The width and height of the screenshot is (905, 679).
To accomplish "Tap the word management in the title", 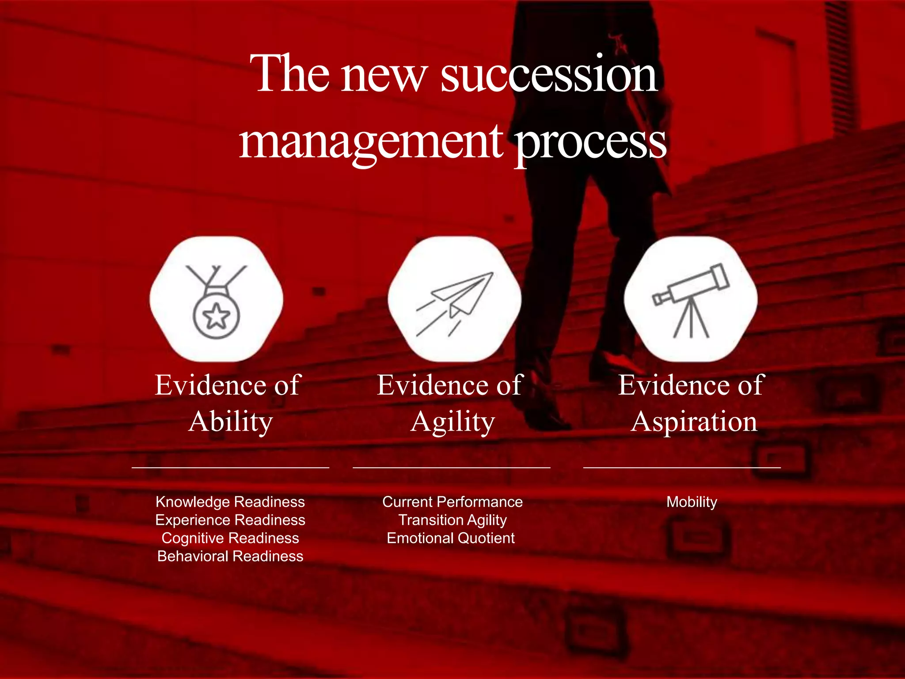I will coord(370,142).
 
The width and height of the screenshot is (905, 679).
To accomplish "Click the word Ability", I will coord(230,421).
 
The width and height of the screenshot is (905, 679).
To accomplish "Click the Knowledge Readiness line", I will coord(230,502).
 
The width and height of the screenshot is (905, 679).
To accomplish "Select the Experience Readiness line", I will coord(230,520).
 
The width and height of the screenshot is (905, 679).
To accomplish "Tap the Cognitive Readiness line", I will coord(230,538).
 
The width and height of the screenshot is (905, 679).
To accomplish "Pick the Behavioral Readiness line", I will coord(230,556).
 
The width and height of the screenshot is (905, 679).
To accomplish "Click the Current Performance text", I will coord(452,502).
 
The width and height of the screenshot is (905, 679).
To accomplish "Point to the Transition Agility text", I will coord(452,520).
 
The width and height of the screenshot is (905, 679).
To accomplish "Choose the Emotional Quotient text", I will coord(451,538).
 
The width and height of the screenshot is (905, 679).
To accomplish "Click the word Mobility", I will coord(692,502).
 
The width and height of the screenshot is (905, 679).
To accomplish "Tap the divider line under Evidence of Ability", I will coord(230,467).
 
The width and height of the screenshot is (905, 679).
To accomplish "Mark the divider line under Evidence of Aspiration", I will coord(682,467).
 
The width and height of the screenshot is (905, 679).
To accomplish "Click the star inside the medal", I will coord(216,316).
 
